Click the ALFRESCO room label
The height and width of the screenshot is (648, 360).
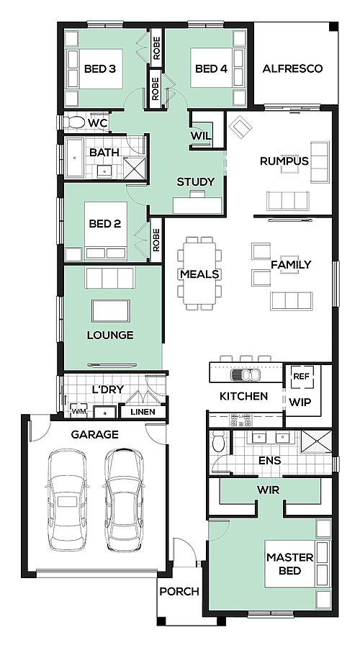pyautogui.click(x=292, y=68)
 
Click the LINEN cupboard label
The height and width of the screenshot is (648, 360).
pyautogui.click(x=143, y=412)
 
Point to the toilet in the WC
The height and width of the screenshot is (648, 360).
pyautogui.click(x=75, y=122)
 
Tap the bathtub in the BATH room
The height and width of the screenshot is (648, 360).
pyautogui.click(x=75, y=158)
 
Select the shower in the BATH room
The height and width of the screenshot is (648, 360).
pyautogui.click(x=135, y=168)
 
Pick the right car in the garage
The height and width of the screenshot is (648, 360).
pyautogui.click(x=124, y=500)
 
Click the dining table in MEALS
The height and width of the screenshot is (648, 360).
pyautogui.click(x=199, y=273)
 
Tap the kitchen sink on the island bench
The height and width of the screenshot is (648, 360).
pyautogui.click(x=246, y=374)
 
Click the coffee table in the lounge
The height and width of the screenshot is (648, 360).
pyautogui.click(x=111, y=311)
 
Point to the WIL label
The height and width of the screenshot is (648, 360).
pyautogui.click(x=201, y=136)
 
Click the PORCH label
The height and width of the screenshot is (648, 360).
pyautogui.click(x=179, y=591)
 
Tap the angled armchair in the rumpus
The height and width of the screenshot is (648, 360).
pyautogui.click(x=240, y=127)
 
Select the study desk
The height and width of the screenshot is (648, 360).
pyautogui.click(x=197, y=204)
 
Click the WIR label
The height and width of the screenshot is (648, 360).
pyautogui.click(x=269, y=490)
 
